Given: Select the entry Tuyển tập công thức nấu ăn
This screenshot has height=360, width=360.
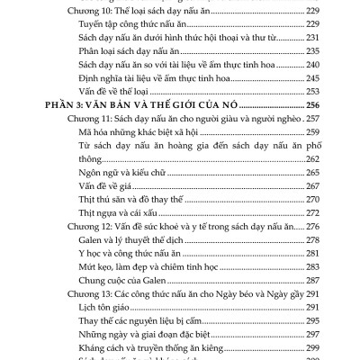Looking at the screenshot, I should (135, 26).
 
